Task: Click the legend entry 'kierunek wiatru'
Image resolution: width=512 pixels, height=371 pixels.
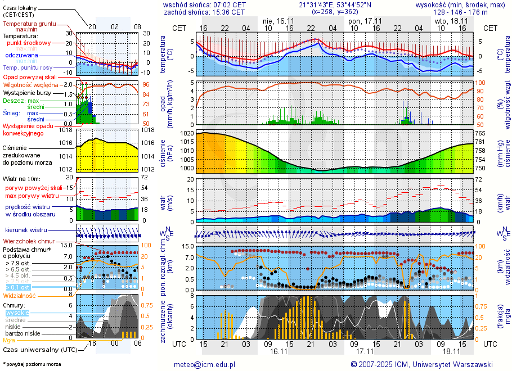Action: click(x=26, y=230)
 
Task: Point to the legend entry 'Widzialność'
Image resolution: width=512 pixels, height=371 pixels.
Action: click(x=20, y=295)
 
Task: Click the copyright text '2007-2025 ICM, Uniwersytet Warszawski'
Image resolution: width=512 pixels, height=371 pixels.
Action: click(x=425, y=364)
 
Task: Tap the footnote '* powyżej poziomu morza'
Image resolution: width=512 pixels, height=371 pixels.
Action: click(x=32, y=364)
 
